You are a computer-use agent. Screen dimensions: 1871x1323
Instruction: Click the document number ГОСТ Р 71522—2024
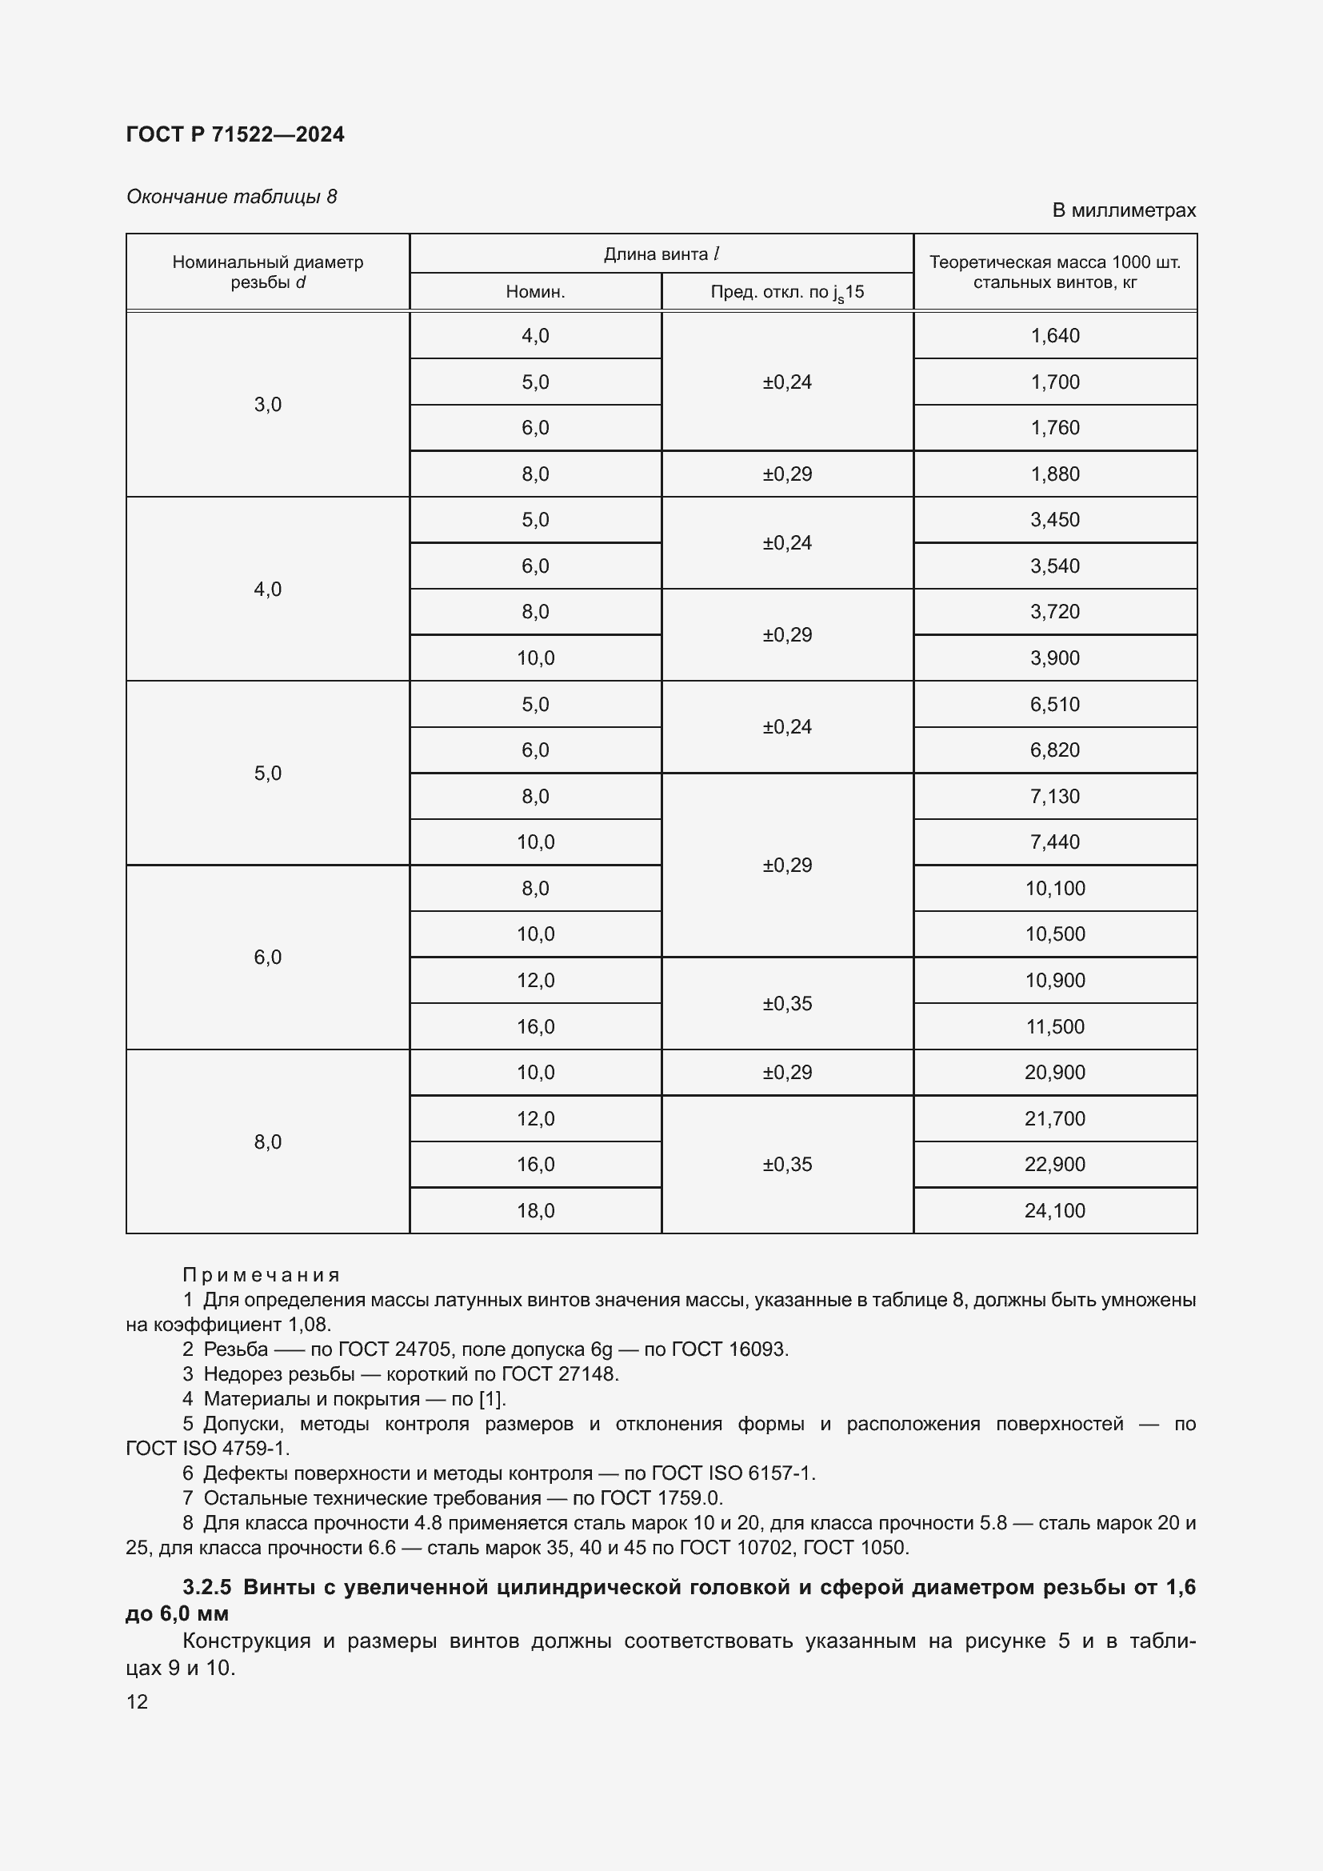pos(234,134)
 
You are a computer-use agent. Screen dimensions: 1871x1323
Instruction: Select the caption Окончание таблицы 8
pos(231,197)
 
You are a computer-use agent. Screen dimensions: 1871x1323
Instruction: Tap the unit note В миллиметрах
pos(1123,210)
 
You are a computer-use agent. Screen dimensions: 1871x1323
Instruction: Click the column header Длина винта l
pos(661,254)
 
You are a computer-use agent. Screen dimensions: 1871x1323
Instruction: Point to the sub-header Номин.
pos(535,292)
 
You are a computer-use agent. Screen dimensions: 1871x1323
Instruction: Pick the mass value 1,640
pos(1054,336)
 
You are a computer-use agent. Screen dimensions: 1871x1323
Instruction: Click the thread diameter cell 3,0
pos(267,404)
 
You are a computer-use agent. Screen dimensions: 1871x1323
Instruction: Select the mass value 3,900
pos(1054,658)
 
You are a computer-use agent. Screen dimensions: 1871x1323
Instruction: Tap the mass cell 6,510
pos(1054,704)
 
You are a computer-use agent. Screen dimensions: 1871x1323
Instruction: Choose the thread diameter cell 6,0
pos(267,957)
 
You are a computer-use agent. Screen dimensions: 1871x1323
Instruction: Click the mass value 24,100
pos(1054,1210)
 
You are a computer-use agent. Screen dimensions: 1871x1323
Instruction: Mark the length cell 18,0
pos(535,1210)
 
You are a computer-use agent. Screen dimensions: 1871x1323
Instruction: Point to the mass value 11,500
pos(1054,1026)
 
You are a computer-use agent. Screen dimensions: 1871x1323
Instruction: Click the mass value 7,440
pos(1054,842)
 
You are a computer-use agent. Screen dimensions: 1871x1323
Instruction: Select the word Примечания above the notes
pos(261,1274)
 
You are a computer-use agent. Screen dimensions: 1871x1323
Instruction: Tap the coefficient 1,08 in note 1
pos(309,1324)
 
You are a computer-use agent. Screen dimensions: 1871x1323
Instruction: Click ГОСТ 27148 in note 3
pos(560,1374)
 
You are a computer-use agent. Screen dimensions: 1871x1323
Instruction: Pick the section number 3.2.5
pos(207,1587)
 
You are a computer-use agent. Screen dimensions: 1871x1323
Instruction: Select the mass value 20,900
pos(1054,1073)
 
